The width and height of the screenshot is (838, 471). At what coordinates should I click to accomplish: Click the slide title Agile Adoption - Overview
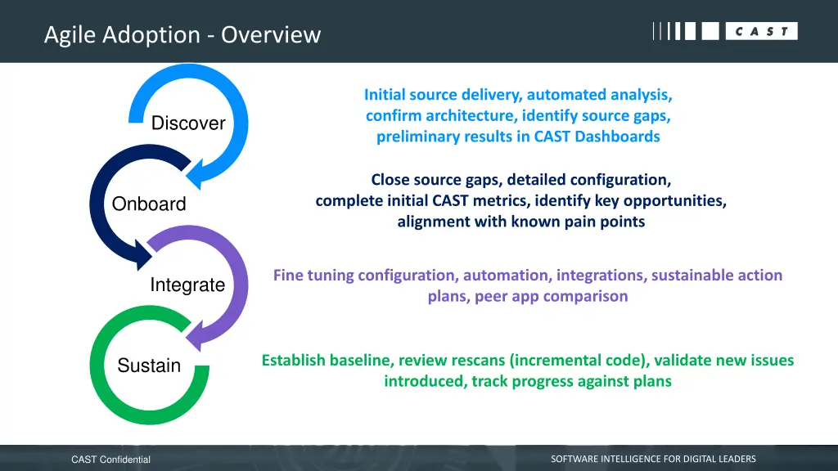[182, 35]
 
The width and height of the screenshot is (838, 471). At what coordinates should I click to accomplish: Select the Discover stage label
[188, 123]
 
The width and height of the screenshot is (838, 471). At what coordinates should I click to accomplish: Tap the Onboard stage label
[149, 204]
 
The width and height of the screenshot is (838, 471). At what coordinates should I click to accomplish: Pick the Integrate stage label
[187, 285]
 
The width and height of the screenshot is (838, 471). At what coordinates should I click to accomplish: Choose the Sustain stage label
[149, 366]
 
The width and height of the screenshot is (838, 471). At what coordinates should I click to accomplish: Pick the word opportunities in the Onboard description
[675, 200]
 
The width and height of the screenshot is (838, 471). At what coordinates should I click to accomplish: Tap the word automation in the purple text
[505, 276]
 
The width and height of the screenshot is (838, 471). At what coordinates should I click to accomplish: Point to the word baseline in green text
[360, 361]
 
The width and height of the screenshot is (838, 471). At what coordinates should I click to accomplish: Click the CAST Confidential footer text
[110, 460]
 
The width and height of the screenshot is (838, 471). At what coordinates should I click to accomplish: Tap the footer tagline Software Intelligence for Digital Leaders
[653, 459]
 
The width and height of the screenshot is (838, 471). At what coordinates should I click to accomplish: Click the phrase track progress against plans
[571, 381]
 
